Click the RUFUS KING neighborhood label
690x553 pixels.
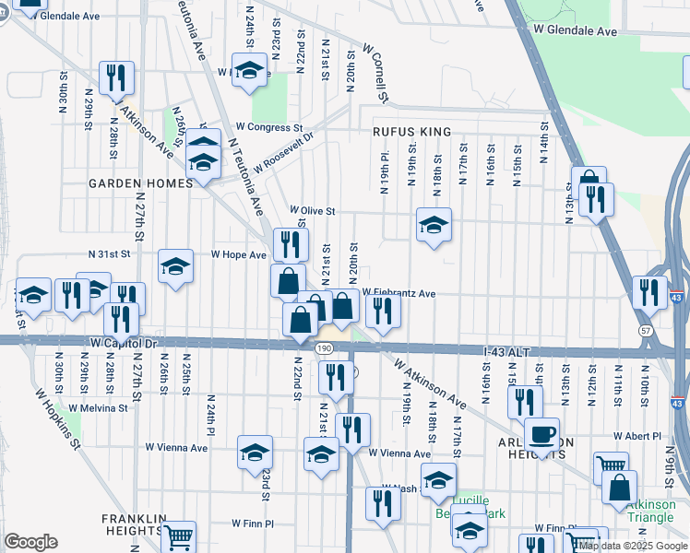coord(411,132)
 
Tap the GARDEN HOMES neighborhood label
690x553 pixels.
coord(140,183)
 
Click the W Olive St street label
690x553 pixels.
coord(312,211)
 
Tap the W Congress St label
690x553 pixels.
coord(268,127)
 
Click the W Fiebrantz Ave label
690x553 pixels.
coord(399,293)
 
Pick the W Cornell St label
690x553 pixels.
coord(376,72)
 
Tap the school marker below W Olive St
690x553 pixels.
coord(434,223)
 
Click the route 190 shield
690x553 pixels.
coord(323,348)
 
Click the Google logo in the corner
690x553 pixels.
coord(30,542)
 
